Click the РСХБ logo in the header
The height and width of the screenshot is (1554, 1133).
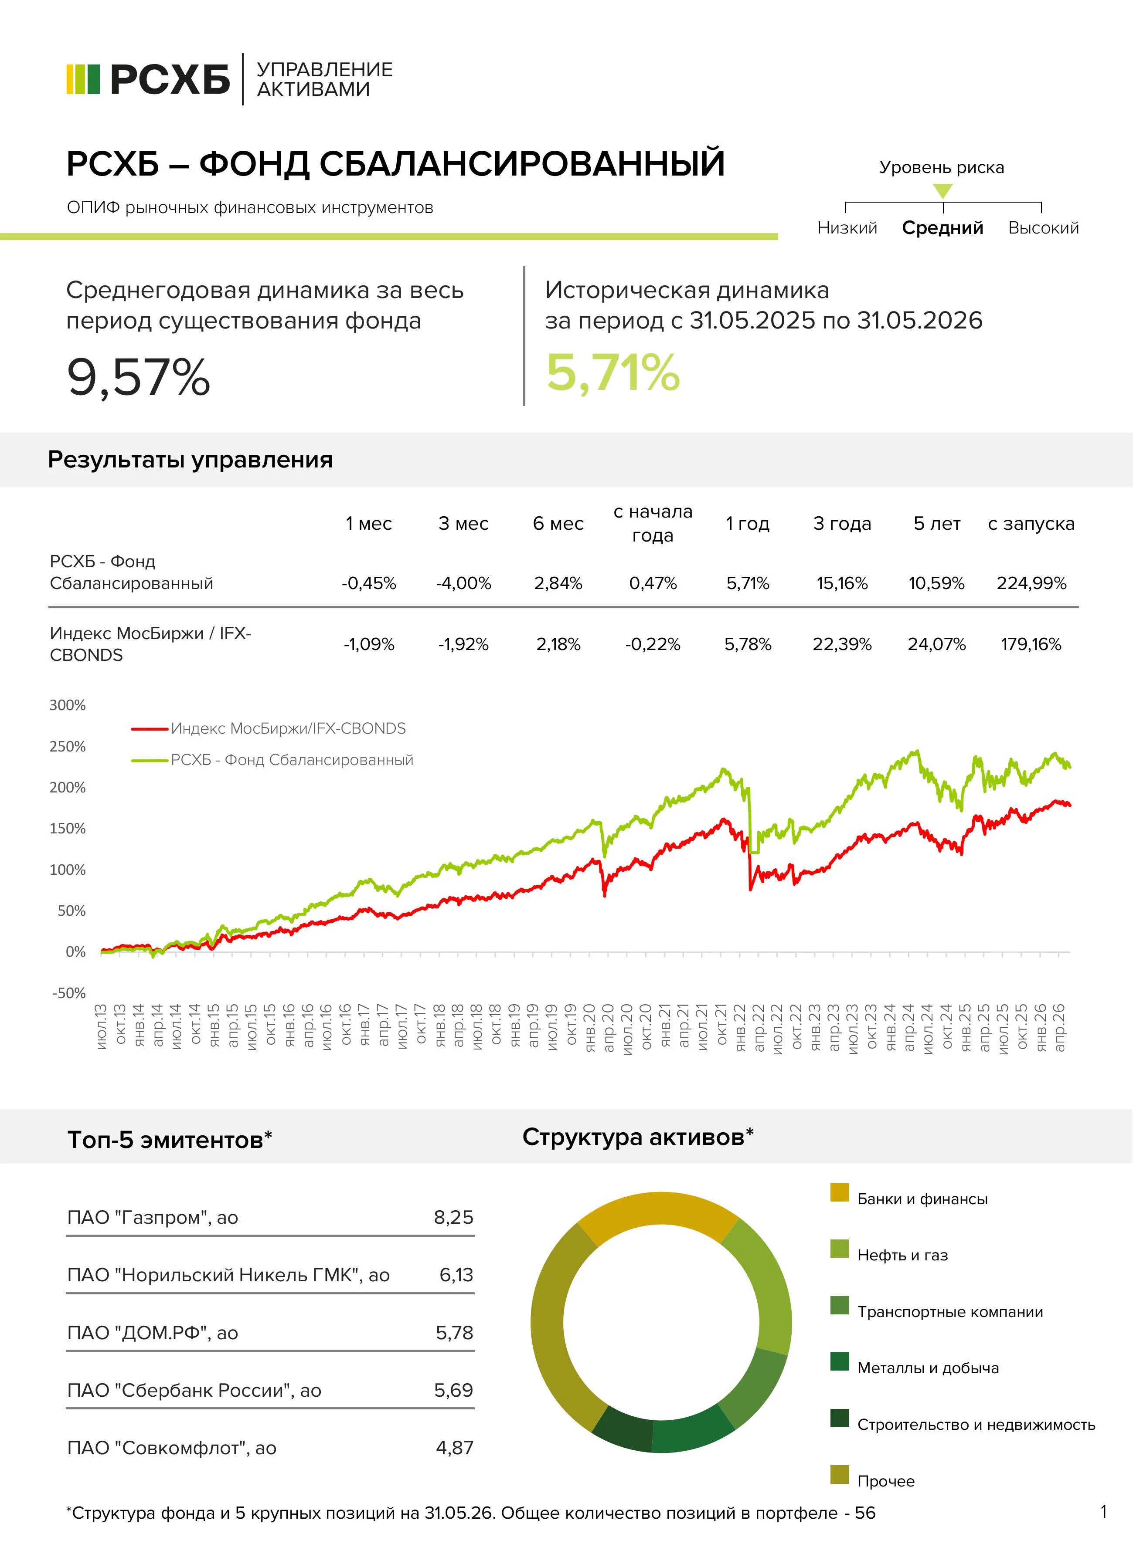148,80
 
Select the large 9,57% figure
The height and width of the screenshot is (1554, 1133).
139,378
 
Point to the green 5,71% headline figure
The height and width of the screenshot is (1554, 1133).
612,374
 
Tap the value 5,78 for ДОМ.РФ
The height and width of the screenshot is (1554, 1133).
455,1333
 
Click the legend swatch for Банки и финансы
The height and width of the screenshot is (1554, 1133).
840,1192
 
